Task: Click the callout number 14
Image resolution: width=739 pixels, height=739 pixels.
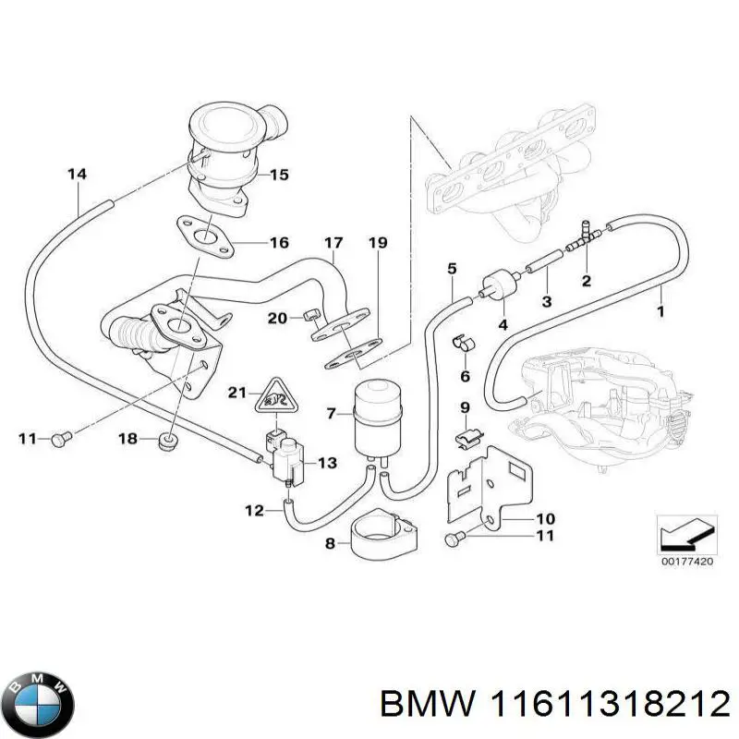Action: pos(78,174)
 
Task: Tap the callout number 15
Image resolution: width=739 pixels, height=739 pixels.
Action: pos(279,174)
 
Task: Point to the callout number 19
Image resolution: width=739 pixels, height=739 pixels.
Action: pos(376,244)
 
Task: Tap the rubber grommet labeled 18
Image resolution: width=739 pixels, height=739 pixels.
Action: pos(169,442)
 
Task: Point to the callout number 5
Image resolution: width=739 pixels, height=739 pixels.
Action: pos(451,269)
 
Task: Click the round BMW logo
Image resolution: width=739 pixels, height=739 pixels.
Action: pos(38,701)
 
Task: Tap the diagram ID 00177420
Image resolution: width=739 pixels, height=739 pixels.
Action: pos(684,560)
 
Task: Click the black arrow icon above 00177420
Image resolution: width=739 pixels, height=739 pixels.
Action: pos(684,532)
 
